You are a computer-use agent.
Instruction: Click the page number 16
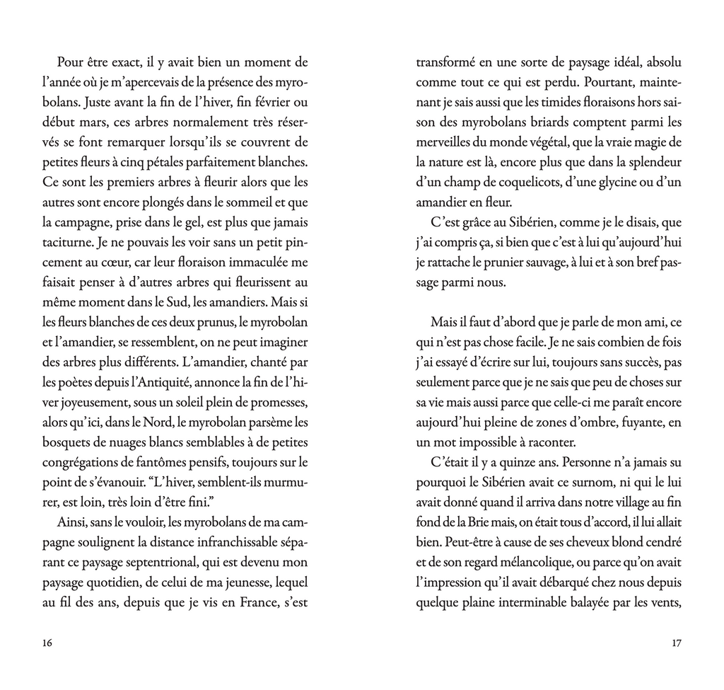(x=47, y=643)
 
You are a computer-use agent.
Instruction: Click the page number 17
(x=676, y=643)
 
